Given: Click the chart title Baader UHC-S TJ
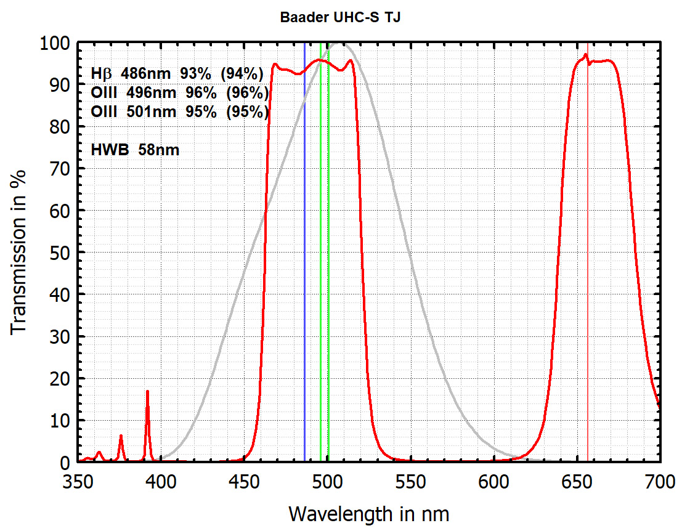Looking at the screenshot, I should (341, 17).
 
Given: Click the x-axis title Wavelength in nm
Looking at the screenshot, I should (368, 513).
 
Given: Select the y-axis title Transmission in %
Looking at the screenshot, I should (19, 252).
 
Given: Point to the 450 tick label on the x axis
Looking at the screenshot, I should (244, 481).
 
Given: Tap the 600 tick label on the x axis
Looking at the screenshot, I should (493, 481).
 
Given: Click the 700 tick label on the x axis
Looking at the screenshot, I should (659, 481).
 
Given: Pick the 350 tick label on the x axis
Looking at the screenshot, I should (78, 481).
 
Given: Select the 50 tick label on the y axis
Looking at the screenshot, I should (59, 253).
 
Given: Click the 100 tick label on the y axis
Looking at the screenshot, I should (54, 43).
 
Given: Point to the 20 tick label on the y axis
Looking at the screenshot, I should (59, 378).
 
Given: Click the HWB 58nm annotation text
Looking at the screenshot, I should (135, 149).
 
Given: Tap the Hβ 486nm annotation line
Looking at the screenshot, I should (177, 74).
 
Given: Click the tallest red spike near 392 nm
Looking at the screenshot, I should (147, 392).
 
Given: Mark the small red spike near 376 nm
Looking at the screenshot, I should (121, 436).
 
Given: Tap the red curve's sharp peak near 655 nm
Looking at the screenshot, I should (585, 55).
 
